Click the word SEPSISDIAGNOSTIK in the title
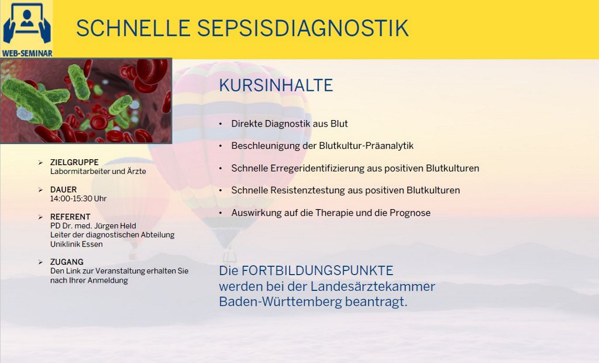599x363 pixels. (302, 28)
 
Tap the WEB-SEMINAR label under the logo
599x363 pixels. (27, 53)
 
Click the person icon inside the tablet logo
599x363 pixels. (27, 18)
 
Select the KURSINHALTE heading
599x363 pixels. (276, 85)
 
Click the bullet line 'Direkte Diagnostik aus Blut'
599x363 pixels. (290, 124)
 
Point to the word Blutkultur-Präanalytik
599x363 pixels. (366, 146)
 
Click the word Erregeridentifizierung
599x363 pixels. (318, 168)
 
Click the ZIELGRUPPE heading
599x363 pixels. (74, 162)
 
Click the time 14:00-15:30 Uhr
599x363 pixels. (78, 198)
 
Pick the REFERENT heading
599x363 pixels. (70, 217)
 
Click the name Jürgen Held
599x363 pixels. (115, 225)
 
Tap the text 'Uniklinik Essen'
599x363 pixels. (77, 244)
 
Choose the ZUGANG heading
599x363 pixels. (67, 262)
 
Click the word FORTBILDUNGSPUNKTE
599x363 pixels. (318, 271)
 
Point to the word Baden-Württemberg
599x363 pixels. (280, 302)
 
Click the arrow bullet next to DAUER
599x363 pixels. (40, 190)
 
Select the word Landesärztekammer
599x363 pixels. (373, 286)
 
